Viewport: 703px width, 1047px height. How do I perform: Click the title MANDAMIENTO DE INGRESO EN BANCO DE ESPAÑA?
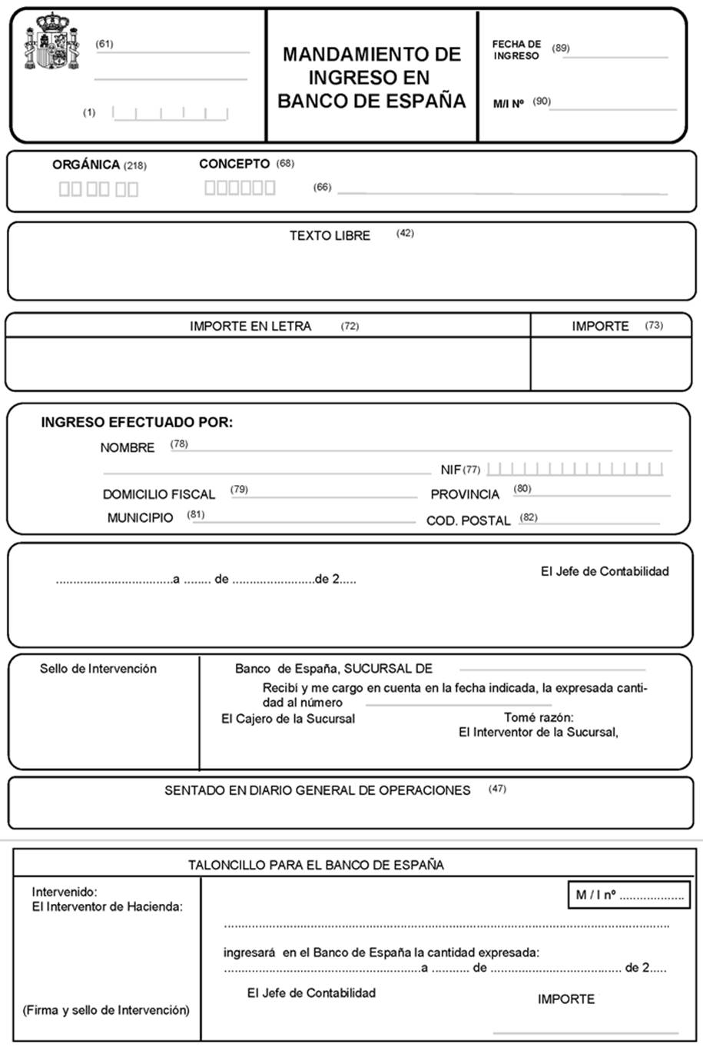point(372,77)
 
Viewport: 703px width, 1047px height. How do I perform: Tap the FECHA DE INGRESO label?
point(516,50)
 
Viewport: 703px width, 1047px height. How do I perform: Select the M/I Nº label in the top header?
point(509,103)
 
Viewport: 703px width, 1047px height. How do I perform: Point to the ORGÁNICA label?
point(86,165)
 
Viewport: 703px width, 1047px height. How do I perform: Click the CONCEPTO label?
point(234,164)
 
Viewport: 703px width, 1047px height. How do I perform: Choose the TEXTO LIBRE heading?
point(330,235)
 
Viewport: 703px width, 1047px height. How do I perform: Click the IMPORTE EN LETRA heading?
point(250,326)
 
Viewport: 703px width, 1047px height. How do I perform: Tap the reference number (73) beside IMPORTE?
point(654,325)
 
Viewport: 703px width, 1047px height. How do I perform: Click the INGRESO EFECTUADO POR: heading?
point(137,422)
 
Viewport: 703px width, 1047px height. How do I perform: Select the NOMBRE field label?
point(127,447)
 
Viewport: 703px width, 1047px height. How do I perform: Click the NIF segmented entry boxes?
point(575,468)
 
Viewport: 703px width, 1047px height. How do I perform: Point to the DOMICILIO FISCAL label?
point(159,494)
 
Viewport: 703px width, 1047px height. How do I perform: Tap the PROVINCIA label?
point(465,494)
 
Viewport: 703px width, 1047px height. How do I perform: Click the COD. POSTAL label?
point(468,520)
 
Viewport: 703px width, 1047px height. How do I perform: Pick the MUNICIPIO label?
point(140,518)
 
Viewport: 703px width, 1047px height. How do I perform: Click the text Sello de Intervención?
point(98,669)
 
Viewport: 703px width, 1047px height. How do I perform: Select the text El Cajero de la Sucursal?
point(288,719)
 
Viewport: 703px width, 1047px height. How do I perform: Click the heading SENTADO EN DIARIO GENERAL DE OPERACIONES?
point(317,790)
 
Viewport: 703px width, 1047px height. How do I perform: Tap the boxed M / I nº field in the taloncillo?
point(630,895)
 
